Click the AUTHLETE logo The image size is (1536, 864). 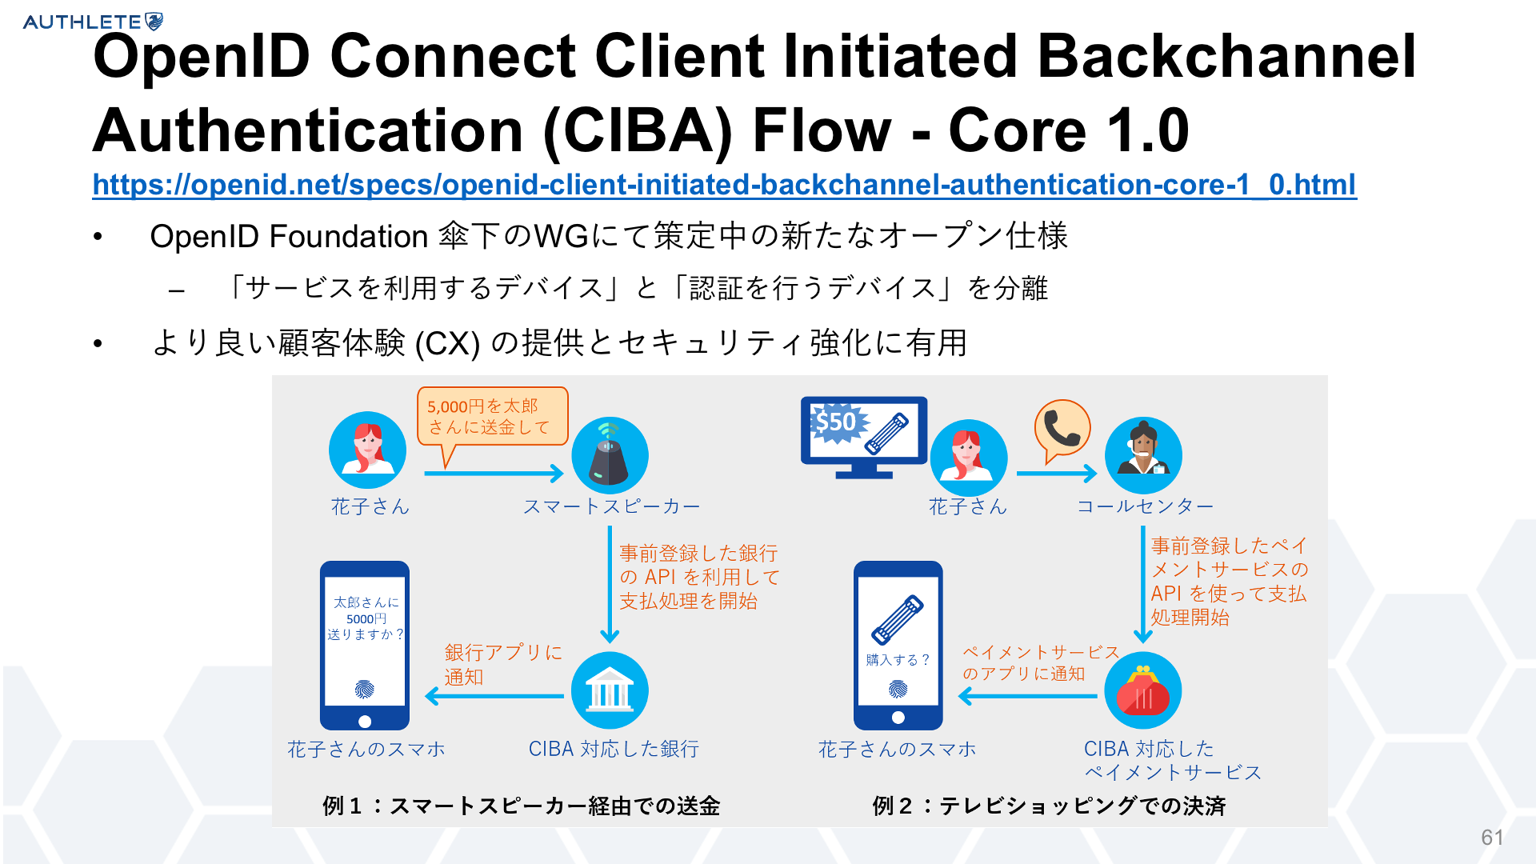tap(93, 22)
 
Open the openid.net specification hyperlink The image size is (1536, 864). tap(724, 185)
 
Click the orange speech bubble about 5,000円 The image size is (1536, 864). tap(492, 418)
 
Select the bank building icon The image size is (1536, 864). tap(610, 690)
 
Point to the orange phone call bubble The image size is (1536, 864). tap(1062, 430)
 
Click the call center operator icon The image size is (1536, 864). tap(1143, 456)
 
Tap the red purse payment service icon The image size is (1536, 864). tap(1143, 690)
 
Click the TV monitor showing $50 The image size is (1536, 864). tap(864, 437)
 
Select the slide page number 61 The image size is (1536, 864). tap(1492, 837)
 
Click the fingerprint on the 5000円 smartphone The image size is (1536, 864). tap(365, 690)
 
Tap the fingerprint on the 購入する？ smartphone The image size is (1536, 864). tap(898, 688)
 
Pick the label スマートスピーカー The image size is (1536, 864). tap(611, 506)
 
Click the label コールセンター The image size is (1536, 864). tap(1145, 506)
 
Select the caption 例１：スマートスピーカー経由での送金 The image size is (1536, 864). tap(521, 806)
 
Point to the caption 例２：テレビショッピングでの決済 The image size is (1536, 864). tap(1049, 806)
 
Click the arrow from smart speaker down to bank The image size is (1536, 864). tap(610, 584)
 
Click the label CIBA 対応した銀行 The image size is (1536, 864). tap(614, 749)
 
